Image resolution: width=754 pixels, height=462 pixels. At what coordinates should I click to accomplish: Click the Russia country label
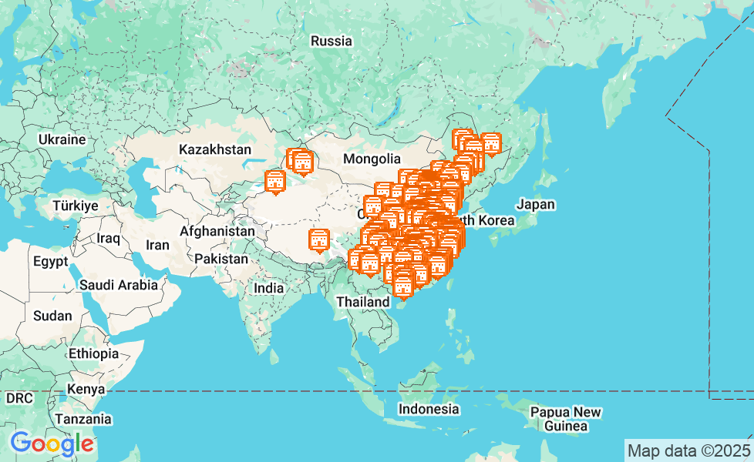coord(332,42)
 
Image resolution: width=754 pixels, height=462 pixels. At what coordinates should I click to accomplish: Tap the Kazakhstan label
coord(215,149)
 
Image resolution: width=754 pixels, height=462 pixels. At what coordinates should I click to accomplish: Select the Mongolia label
coord(372,159)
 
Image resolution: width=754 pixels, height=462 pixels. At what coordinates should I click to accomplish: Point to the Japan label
coord(536,205)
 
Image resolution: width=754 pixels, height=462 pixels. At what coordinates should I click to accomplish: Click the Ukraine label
coord(62,140)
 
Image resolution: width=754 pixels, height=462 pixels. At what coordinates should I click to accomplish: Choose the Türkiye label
coord(76,206)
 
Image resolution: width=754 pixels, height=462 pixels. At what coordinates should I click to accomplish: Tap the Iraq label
coord(109,238)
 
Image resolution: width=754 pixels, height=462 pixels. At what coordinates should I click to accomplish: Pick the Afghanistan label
coord(217,231)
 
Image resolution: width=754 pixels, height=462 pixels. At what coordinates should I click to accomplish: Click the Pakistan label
coord(221,259)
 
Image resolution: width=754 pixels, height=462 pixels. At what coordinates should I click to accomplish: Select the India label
coord(269,288)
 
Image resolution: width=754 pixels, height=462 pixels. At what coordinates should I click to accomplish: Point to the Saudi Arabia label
coord(119,285)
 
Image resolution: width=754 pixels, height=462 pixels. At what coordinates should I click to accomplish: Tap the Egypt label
coord(51,262)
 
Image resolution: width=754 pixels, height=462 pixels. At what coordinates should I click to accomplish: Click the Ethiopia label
coord(93,354)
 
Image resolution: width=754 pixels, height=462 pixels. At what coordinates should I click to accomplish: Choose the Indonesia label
coord(429,409)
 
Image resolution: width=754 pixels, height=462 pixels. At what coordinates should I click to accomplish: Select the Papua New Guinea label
coord(565,418)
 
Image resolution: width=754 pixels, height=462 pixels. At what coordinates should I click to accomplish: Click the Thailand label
coord(363,303)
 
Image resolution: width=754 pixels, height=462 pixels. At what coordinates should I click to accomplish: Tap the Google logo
coord(52,444)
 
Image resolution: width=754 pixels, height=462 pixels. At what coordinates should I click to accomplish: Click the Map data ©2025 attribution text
coord(688,450)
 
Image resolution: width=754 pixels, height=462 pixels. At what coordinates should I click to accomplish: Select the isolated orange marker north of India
coord(318,241)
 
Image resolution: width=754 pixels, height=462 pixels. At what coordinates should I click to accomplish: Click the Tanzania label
coord(82,420)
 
